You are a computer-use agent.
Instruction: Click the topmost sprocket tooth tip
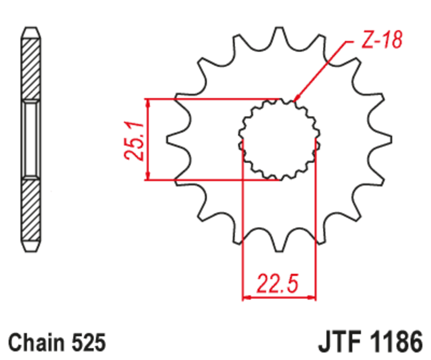click(279, 29)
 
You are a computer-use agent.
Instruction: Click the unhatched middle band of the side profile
click(31, 140)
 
